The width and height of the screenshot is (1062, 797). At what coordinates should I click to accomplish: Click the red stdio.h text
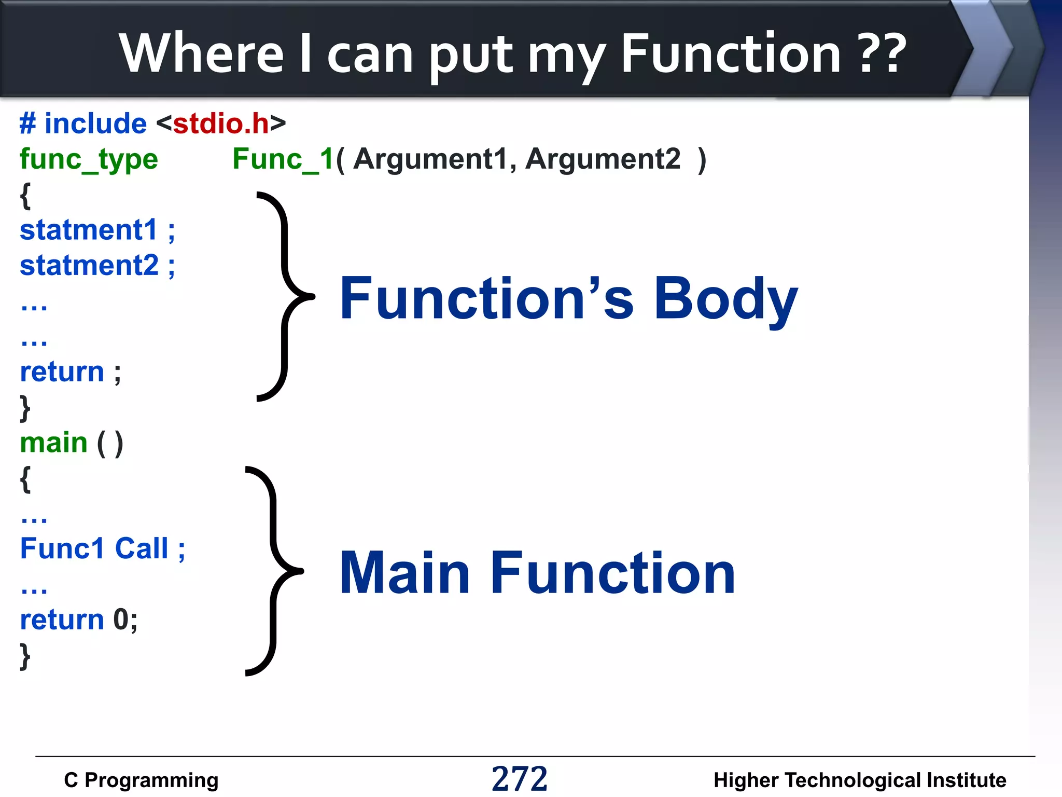pos(221,123)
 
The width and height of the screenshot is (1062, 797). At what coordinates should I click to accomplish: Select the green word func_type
pos(89,159)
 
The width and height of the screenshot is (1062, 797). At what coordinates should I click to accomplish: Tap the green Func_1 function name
pos(283,159)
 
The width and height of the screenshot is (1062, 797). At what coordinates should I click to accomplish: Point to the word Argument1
pos(430,159)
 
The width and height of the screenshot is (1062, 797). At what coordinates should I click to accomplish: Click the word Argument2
pos(603,159)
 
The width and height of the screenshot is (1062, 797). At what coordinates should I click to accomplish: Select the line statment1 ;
pos(97,230)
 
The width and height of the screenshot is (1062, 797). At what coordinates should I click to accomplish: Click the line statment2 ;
pos(97,266)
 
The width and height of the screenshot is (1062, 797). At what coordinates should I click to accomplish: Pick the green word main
pos(54,443)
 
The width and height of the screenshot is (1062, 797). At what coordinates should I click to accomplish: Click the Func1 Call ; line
pos(102,549)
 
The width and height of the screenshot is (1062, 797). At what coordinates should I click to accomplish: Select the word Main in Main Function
pos(404,573)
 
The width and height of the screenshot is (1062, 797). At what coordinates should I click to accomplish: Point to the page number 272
pos(520,778)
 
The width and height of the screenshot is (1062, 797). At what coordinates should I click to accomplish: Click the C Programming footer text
pos(141,780)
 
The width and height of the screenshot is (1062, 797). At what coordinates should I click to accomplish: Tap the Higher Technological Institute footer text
pos(860,780)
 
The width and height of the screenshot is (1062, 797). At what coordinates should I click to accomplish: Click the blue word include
pos(95,123)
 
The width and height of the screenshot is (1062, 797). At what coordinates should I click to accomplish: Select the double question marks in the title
pos(882,53)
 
